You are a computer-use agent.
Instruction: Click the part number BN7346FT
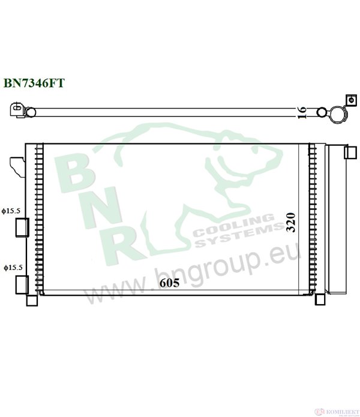point(34,83)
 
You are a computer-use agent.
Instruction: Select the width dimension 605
point(170,283)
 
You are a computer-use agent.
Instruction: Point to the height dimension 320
point(292,223)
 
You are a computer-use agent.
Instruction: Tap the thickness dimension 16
point(302,110)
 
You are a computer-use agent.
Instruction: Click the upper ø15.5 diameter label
point(11,211)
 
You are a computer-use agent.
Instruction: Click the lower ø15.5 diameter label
point(11,266)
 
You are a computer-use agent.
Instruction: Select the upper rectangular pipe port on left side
point(22,226)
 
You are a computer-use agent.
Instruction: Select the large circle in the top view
point(338,112)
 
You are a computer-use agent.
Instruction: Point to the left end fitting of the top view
point(19,110)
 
